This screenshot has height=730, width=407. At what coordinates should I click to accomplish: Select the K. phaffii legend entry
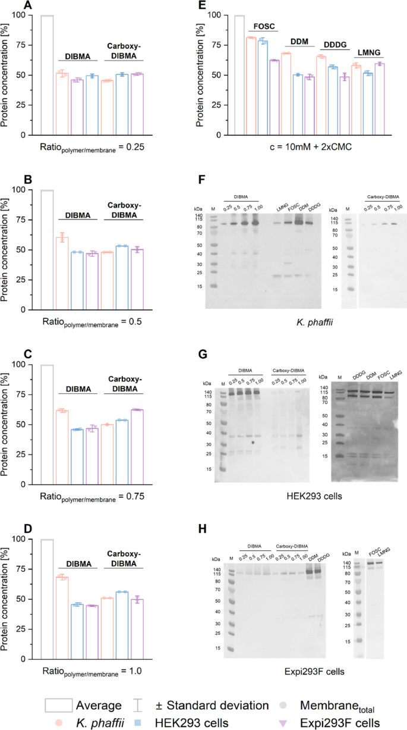pyautogui.click(x=89, y=722)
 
